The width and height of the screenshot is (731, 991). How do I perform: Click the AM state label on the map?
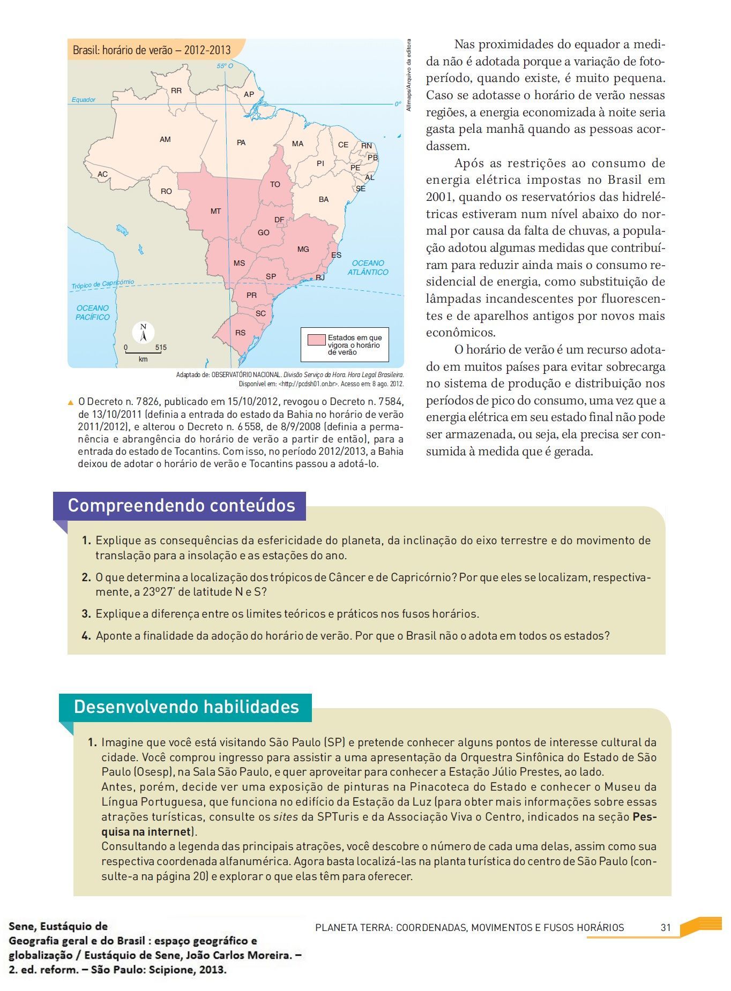165,140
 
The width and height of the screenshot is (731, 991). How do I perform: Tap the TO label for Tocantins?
275,184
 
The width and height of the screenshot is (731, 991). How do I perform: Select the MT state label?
215,212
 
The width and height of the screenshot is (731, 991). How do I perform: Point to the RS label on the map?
241,333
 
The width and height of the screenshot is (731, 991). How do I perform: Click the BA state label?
324,200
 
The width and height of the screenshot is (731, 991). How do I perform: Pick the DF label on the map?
279,220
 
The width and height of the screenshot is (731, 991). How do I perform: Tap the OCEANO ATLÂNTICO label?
368,267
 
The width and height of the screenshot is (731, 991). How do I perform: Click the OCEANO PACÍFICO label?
93,312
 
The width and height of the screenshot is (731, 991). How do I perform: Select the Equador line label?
84,100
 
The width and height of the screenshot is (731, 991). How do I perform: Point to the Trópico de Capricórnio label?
103,284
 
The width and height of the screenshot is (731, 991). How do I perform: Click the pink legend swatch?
317,340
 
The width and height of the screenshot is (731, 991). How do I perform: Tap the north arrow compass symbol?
143,333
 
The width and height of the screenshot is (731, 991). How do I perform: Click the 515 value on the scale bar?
161,347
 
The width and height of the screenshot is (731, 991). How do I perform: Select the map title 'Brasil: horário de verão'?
152,50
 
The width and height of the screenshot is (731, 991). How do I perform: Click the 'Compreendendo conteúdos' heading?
181,506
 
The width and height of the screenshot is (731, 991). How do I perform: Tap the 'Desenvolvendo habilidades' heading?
186,707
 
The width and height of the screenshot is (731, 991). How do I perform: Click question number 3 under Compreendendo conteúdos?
86,614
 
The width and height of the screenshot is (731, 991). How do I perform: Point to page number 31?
666,927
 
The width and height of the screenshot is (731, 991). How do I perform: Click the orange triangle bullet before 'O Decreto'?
71,402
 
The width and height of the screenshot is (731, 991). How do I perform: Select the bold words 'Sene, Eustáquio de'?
58,926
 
